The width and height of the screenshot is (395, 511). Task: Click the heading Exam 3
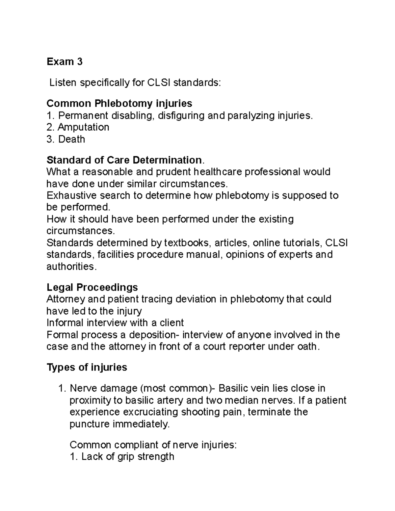[65, 62]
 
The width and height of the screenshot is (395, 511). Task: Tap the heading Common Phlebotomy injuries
[119, 103]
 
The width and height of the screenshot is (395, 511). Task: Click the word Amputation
[83, 127]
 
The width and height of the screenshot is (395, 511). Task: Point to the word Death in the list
[71, 139]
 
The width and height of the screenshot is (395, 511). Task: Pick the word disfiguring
[181, 115]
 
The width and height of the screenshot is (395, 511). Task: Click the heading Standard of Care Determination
[124, 160]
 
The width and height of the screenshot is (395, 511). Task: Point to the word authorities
[71, 267]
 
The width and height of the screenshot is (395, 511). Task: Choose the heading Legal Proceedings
[92, 287]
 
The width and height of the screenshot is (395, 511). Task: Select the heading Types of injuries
[87, 367]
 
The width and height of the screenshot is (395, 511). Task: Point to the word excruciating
[151, 412]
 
